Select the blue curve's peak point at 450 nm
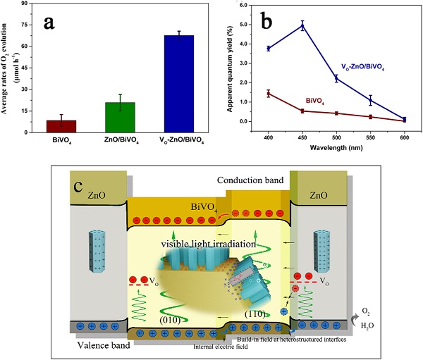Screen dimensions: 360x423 [302, 26]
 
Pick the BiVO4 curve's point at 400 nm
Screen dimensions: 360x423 [269, 94]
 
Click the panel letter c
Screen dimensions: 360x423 [83, 188]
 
